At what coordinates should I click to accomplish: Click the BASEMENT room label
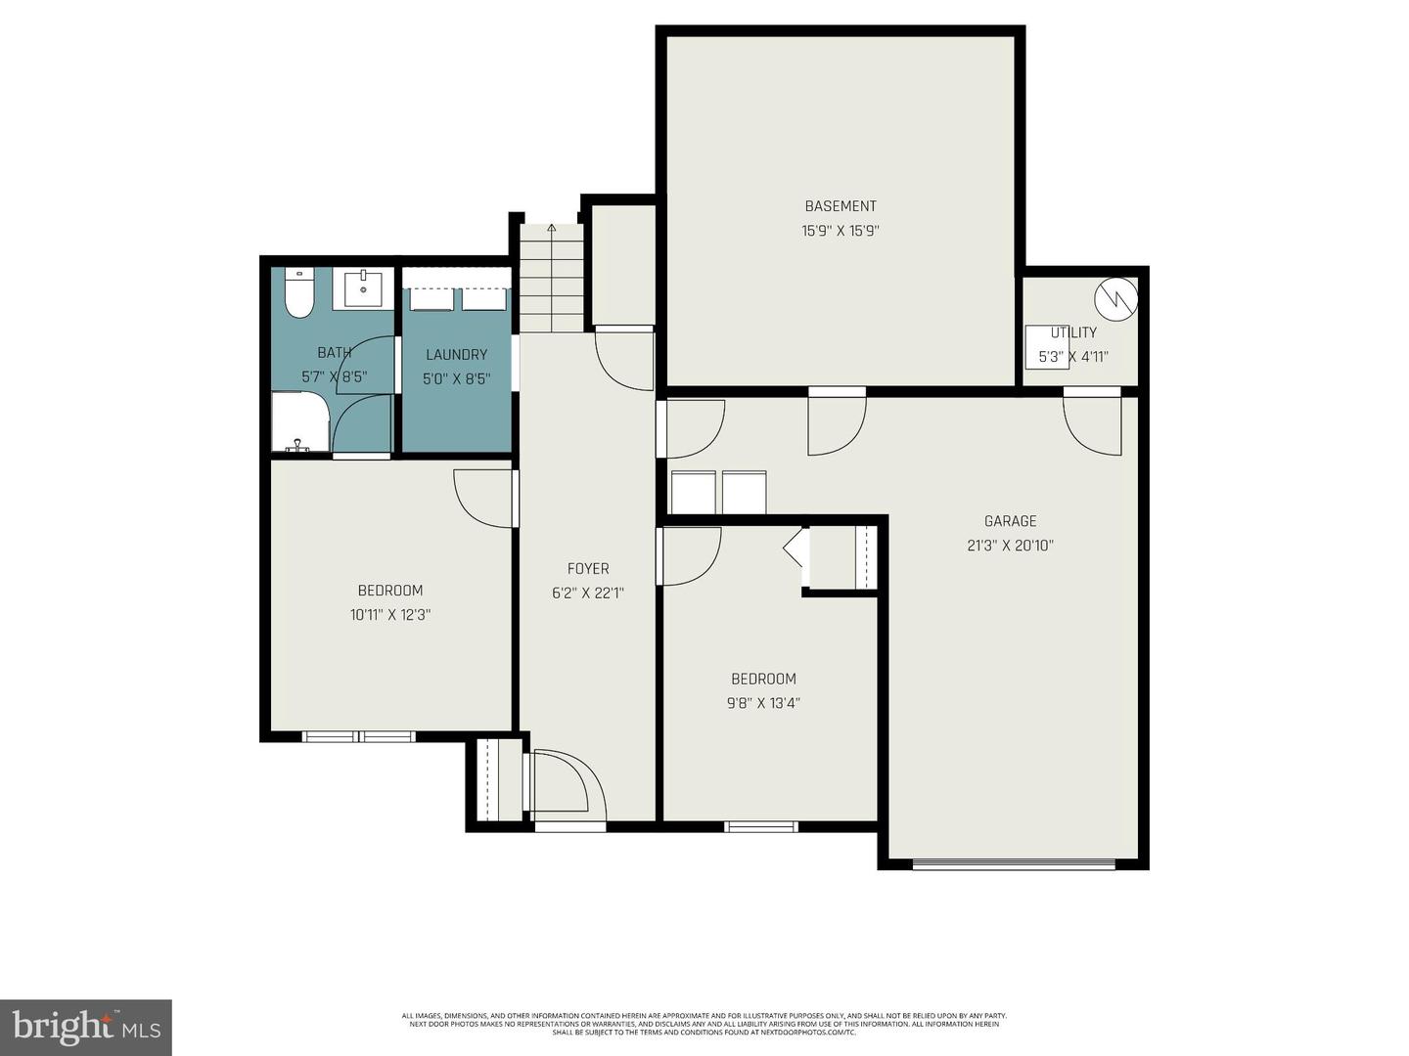click(840, 206)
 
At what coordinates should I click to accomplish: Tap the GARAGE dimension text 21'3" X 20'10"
click(1010, 546)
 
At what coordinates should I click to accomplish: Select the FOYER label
click(588, 569)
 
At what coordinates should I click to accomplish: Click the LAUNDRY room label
click(456, 355)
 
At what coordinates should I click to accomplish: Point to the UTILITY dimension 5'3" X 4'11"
click(1073, 357)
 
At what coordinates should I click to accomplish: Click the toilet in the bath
click(299, 293)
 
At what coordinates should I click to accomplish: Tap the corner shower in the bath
click(298, 422)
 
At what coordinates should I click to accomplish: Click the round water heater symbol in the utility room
click(1116, 298)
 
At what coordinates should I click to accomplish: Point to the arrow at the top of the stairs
click(552, 229)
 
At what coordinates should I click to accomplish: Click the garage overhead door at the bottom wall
click(1013, 863)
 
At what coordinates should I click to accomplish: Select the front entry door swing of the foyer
click(568, 782)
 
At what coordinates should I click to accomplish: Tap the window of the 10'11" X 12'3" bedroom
click(359, 736)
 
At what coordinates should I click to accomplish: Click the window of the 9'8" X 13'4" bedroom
click(761, 826)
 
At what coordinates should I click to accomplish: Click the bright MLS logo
click(86, 1027)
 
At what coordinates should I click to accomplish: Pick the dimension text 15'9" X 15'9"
click(840, 232)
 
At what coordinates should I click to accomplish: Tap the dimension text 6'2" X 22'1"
click(588, 593)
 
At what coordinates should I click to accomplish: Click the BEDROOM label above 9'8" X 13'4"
click(763, 679)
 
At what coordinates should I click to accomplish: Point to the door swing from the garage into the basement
click(837, 422)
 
